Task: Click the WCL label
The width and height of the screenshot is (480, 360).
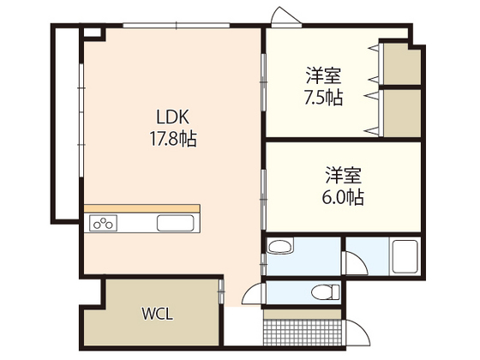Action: tap(157, 314)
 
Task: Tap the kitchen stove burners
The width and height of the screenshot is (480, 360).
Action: tap(104, 224)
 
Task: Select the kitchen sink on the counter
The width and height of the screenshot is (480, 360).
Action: tap(177, 224)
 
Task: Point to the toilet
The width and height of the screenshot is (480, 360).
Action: tap(327, 292)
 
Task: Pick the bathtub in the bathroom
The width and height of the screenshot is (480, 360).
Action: tap(403, 256)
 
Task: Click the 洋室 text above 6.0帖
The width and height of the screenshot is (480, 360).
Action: tap(344, 177)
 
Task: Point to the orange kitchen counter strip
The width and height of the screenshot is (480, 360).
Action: tap(141, 208)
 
